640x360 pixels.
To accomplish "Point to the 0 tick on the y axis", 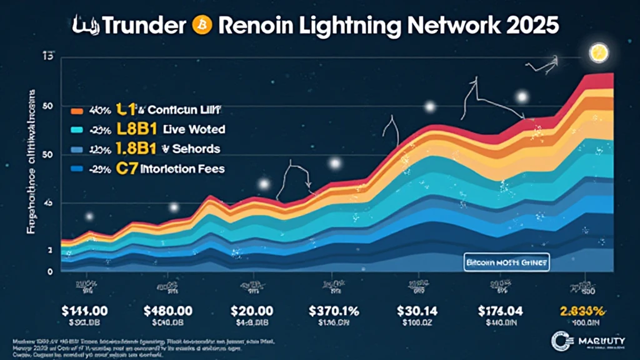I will point(49,271).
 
